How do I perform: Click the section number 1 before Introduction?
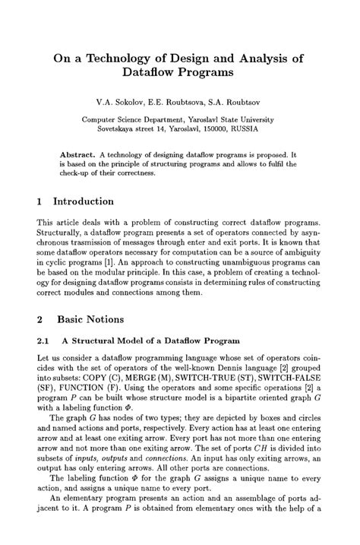pos(40,201)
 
